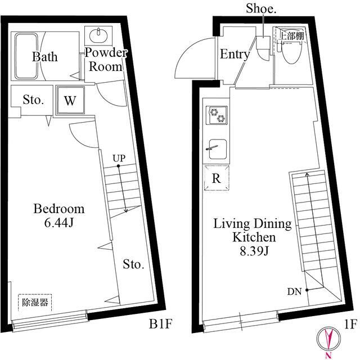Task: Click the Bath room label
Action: [x=45, y=56]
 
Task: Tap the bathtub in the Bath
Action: [x=26, y=56]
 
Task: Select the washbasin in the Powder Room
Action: [x=99, y=35]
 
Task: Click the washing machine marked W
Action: [x=70, y=100]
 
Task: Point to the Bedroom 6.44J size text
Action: [x=59, y=222]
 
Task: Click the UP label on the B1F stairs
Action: [x=119, y=158]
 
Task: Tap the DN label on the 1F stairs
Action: [x=294, y=291]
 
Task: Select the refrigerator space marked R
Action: [x=217, y=178]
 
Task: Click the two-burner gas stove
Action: [x=217, y=115]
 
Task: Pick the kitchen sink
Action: [x=218, y=149]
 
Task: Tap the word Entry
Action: [x=235, y=54]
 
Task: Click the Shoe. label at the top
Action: [x=261, y=9]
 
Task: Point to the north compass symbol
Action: [x=328, y=339]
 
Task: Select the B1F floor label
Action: [x=160, y=324]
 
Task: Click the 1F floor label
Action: [x=350, y=324]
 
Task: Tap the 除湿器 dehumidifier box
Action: [x=35, y=303]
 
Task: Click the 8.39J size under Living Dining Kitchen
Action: [x=254, y=251]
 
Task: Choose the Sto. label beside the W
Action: [x=33, y=100]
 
